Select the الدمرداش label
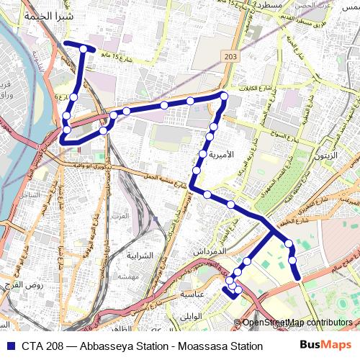coord(210,252)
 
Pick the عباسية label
coord(194,294)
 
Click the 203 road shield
coord(230,57)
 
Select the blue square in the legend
coord(9,346)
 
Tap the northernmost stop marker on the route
coord(84,49)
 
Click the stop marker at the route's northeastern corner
coord(224,96)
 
